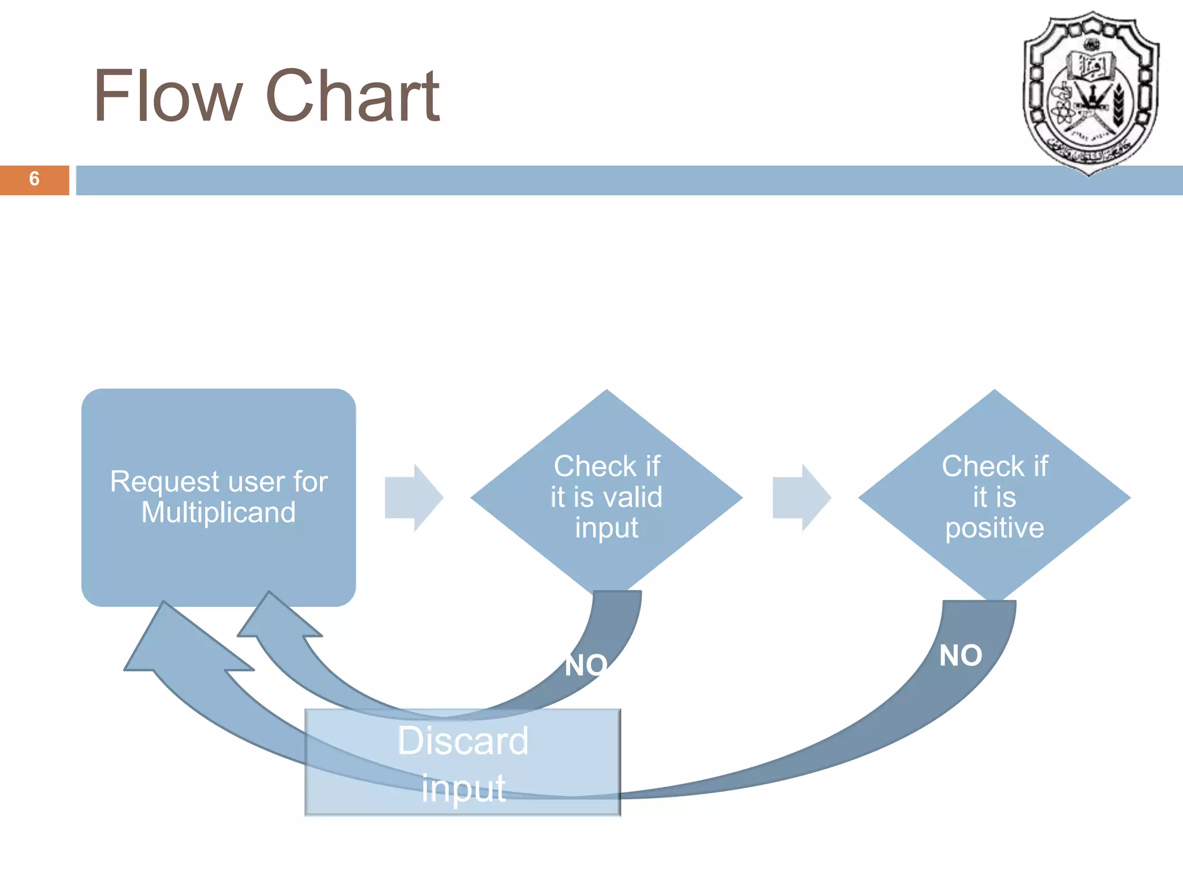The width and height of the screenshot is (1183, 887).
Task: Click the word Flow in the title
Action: [x=168, y=96]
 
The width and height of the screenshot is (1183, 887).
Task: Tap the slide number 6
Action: [x=34, y=179]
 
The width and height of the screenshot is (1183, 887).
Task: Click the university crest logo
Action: [x=1091, y=92]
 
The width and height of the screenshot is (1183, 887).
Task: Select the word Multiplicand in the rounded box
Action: [x=218, y=513]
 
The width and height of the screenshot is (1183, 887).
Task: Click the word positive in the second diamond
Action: [x=994, y=528]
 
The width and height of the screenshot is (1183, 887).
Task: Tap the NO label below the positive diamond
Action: [x=961, y=656]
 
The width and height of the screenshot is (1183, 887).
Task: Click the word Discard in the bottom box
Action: [x=463, y=741]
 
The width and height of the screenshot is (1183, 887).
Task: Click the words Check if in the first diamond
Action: [x=607, y=466]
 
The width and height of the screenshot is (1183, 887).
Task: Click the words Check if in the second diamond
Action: [x=994, y=466]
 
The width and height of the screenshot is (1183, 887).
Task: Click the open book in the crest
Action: [x=1091, y=65]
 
